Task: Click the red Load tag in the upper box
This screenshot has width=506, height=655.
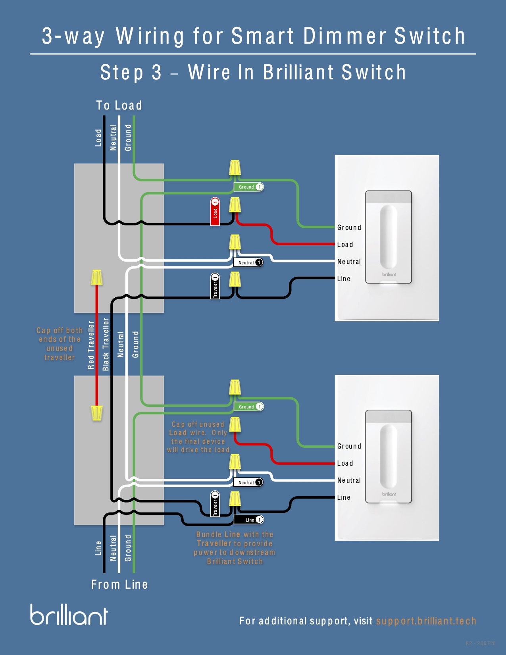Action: (x=215, y=212)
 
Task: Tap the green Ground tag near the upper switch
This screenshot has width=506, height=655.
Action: (x=248, y=187)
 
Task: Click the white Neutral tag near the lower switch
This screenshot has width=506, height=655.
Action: (x=248, y=482)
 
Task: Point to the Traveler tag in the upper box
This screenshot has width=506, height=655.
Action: (x=215, y=286)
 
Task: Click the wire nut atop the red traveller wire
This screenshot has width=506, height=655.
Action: (x=97, y=277)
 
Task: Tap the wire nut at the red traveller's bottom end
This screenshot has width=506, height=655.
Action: (x=97, y=413)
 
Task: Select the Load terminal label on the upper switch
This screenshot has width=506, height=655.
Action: (x=345, y=245)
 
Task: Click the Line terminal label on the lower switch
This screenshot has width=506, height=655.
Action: (x=344, y=497)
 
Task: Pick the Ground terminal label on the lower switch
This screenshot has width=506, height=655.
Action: (x=349, y=446)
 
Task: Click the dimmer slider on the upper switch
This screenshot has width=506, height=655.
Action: (x=388, y=237)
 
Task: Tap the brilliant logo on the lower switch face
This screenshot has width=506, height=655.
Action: (x=389, y=494)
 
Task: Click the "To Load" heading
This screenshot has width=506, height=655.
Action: (x=119, y=105)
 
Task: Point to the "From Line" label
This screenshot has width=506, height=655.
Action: (x=119, y=584)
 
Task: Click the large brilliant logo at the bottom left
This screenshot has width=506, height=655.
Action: (x=69, y=615)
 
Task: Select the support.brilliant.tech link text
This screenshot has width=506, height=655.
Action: (x=426, y=621)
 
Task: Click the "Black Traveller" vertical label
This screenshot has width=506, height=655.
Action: (x=106, y=345)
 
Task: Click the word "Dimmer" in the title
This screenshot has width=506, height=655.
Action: (x=344, y=36)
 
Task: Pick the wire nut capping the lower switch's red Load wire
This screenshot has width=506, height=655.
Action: (x=235, y=425)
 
